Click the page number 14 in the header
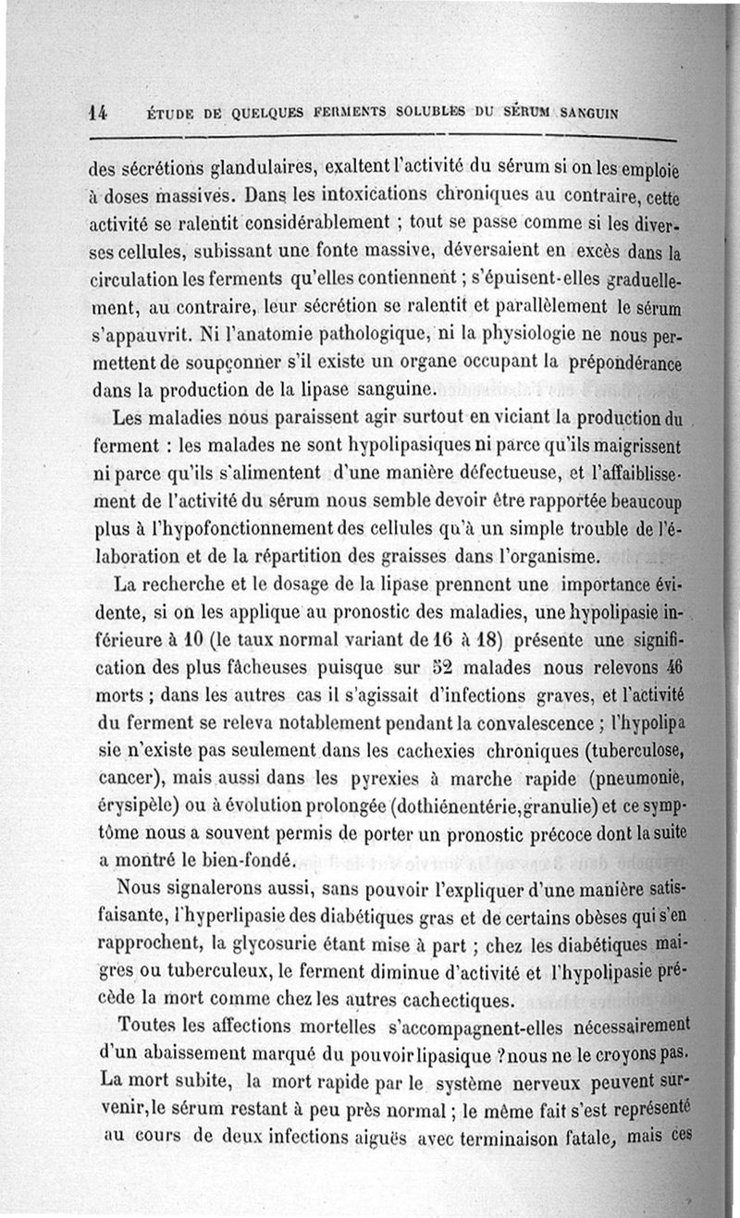coord(99,113)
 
